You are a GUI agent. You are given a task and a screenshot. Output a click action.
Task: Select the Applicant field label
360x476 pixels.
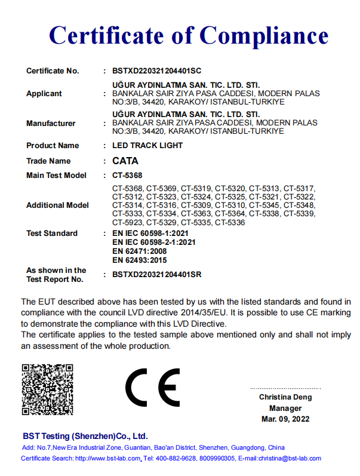(x=44, y=94)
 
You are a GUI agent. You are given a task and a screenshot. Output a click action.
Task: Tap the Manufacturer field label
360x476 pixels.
(x=51, y=124)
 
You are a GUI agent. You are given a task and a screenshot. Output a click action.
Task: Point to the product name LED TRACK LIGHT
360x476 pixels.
(x=147, y=146)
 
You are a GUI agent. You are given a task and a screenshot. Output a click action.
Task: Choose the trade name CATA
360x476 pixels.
(x=125, y=161)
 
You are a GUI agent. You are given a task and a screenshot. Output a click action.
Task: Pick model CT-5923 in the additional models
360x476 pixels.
(x=127, y=222)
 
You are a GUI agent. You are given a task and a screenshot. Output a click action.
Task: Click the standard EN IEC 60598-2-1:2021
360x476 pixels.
(x=154, y=242)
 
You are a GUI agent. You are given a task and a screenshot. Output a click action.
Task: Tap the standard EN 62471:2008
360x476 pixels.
(x=140, y=251)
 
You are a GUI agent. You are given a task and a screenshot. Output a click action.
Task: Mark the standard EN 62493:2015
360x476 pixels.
(x=140, y=260)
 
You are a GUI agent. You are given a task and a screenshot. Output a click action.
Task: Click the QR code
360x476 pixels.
(x=47, y=389)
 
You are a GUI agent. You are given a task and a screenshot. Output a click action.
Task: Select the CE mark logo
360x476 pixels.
(x=152, y=387)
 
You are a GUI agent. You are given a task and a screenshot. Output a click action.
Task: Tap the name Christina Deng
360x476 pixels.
(x=285, y=397)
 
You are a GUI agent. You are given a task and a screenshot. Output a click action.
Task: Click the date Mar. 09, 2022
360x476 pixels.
(x=285, y=419)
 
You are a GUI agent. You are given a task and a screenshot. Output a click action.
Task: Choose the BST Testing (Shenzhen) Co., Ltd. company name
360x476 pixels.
(x=85, y=436)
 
